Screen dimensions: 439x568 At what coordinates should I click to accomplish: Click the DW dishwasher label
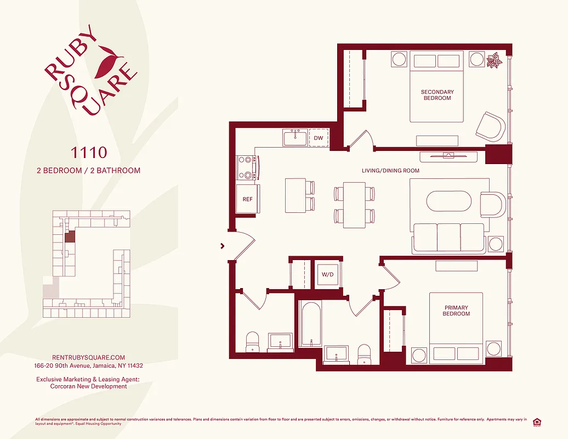tap(318, 138)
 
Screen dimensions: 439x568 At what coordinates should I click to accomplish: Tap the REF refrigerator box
tap(248, 199)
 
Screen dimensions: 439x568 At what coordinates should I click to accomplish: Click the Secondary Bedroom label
tap(437, 95)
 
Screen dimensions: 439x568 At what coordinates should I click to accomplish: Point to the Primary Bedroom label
tap(456, 311)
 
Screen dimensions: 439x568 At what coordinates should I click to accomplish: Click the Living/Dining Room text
tap(390, 171)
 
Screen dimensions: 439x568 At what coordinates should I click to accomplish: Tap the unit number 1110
tap(88, 151)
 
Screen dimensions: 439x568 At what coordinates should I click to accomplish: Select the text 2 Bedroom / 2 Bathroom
tap(88, 170)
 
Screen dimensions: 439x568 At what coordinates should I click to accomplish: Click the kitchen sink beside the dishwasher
tap(296, 138)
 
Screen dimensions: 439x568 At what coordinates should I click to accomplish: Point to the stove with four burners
tap(247, 168)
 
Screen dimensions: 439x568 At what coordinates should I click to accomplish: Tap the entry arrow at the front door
tap(223, 246)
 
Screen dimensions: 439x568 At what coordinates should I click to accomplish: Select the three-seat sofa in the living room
tap(449, 238)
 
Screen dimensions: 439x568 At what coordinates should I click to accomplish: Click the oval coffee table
tap(448, 200)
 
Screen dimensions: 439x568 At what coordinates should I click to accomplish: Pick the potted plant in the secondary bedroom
tap(495, 60)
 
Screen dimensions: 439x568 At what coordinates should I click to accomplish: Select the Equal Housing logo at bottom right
tap(537, 421)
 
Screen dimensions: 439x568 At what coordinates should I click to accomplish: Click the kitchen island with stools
tap(295, 195)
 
